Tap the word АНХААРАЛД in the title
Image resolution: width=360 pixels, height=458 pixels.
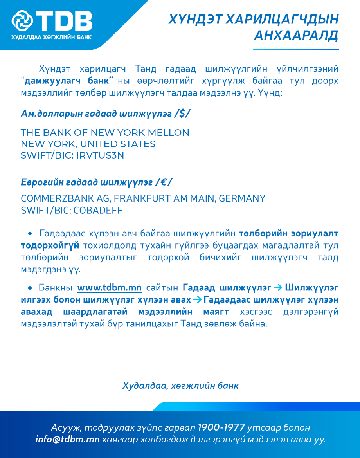296,36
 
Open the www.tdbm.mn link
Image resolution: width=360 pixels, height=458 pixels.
109,288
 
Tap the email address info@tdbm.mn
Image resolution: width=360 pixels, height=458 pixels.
67,439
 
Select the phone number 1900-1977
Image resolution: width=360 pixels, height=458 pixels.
221,427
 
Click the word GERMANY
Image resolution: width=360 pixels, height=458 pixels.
242,198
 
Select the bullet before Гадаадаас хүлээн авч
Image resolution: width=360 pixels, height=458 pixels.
30,234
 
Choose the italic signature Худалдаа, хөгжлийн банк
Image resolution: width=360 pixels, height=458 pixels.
180,386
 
